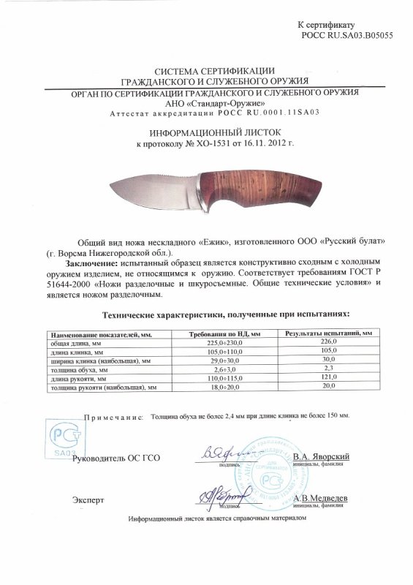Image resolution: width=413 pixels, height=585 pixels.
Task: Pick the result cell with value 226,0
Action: click(328, 342)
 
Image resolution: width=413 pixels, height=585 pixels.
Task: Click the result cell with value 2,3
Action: click(328, 369)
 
